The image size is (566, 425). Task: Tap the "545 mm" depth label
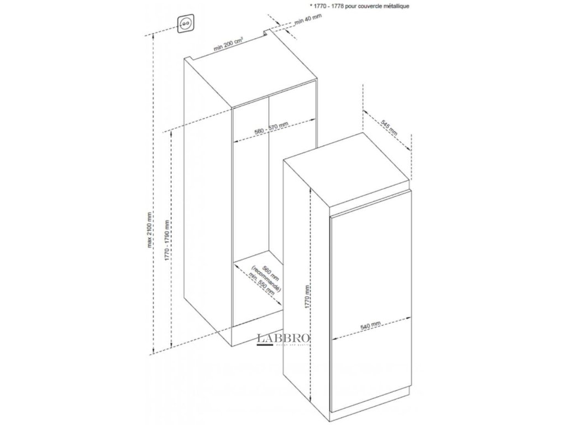pyautogui.click(x=390, y=126)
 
